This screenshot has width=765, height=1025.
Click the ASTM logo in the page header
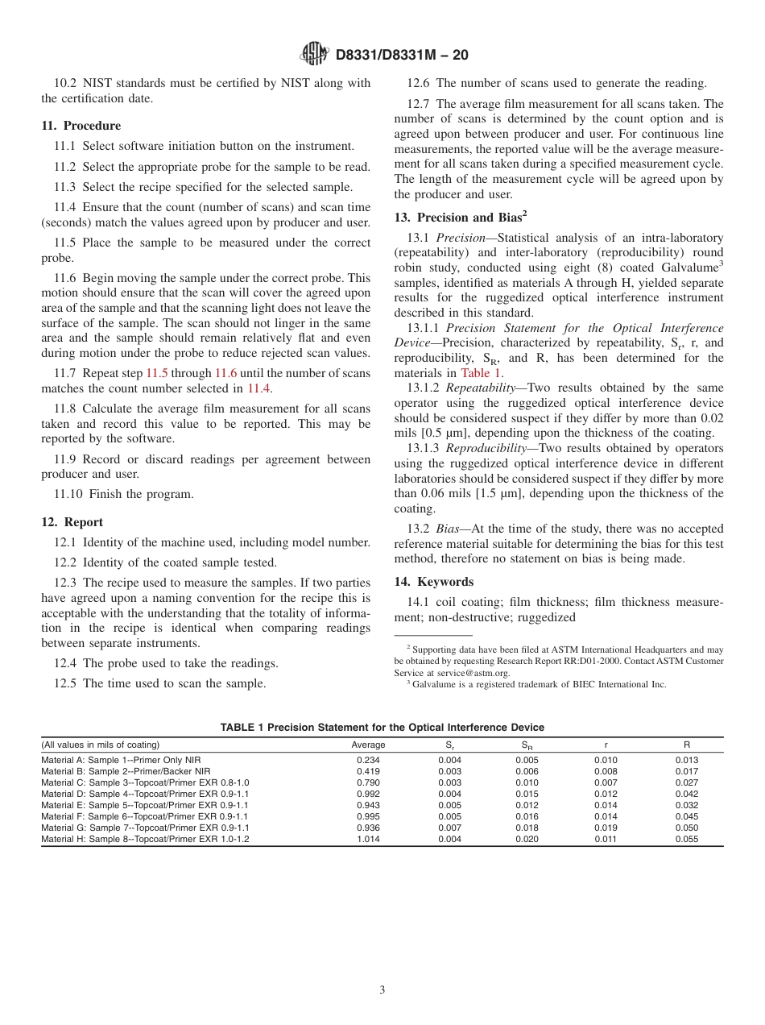pos(314,54)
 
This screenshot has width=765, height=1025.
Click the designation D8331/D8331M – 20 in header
pos(401,55)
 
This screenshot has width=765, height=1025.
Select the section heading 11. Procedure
pos(81,126)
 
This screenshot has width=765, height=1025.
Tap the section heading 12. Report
pos(72,522)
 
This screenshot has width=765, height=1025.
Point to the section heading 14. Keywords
pos(434,582)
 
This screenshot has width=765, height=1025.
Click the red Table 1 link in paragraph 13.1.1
pos(481,373)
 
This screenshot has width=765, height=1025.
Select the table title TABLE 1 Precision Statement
pos(382,728)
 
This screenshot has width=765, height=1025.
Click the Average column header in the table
pos(368,745)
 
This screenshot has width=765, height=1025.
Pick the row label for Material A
pos(121,760)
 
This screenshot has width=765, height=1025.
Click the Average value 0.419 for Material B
pos(368,771)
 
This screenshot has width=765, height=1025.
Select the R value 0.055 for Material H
pos(687,839)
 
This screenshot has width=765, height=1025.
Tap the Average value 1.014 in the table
pos(368,839)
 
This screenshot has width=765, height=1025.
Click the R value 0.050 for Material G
pos(687,828)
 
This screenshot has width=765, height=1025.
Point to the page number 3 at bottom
pos(382,990)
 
